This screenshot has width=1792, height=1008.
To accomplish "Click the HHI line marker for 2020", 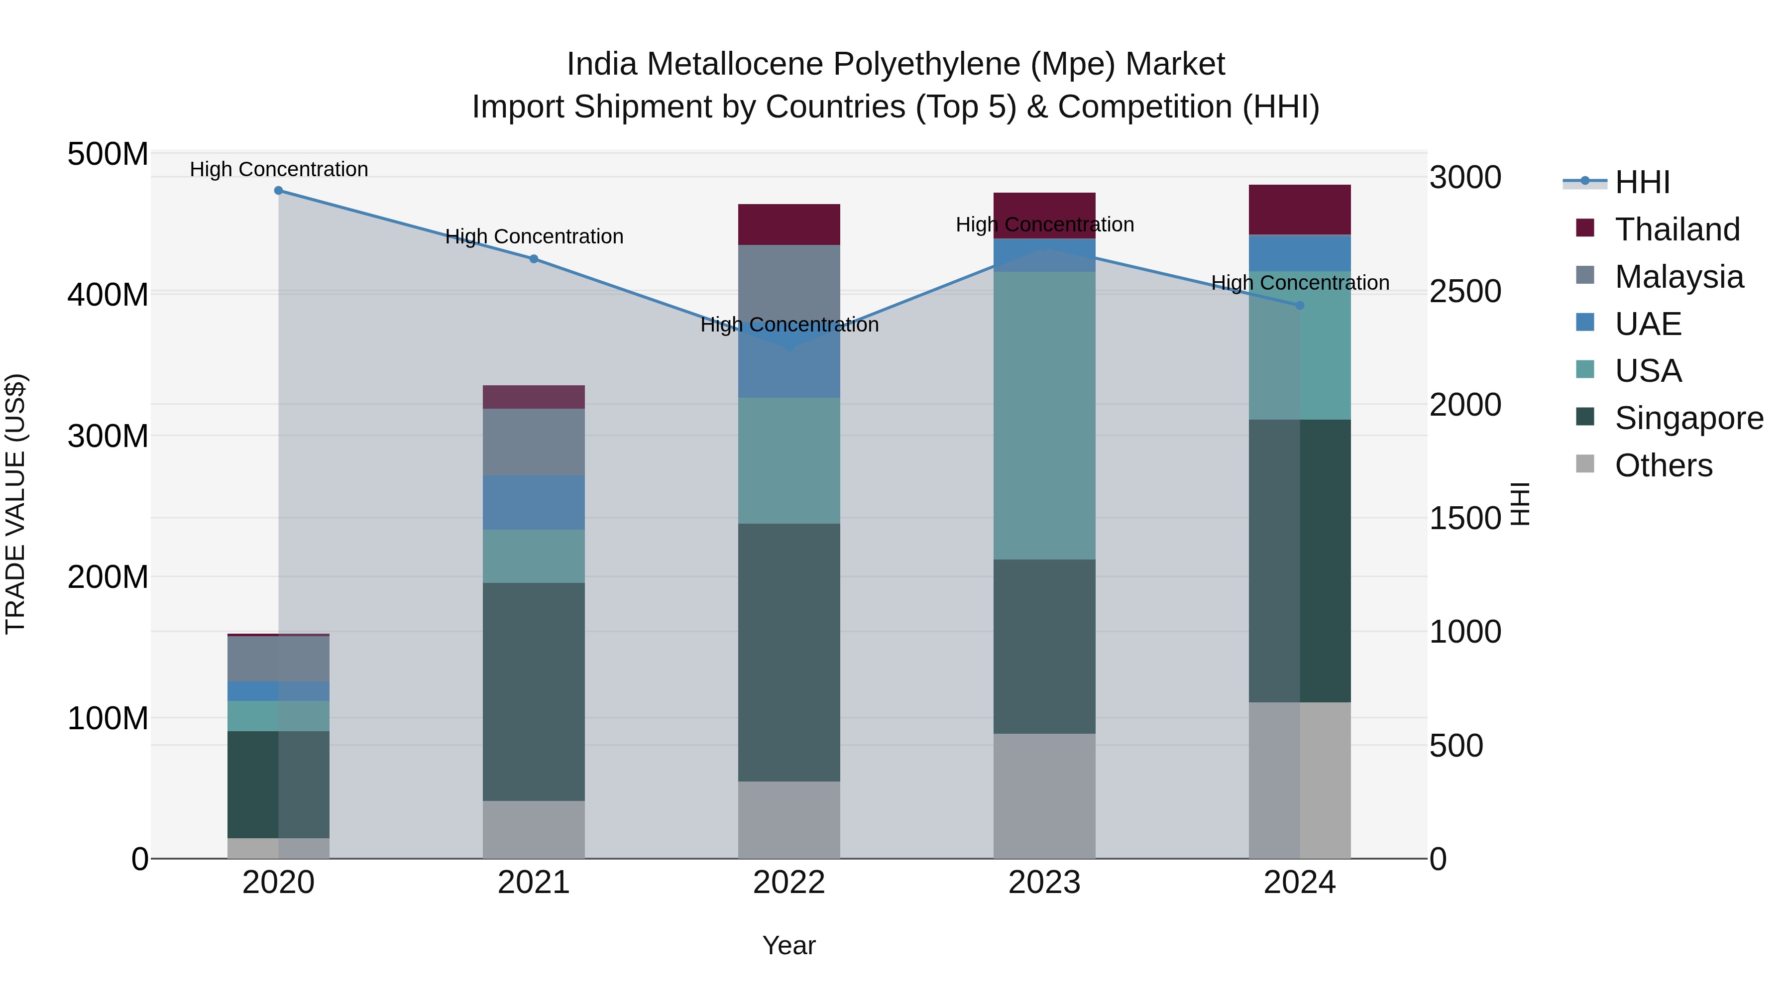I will click(x=278, y=190).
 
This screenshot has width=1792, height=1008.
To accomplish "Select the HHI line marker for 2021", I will click(x=534, y=259).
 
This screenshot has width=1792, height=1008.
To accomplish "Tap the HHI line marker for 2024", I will click(x=1300, y=306).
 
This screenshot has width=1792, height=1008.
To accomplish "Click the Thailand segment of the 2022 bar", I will click(x=789, y=224).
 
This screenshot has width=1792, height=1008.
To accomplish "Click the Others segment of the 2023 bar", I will click(x=1044, y=796).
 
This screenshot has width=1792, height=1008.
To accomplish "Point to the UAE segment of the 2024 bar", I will click(x=1300, y=253).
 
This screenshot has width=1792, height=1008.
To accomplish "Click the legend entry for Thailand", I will click(x=1677, y=229).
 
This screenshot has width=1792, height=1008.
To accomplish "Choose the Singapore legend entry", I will click(x=1688, y=418).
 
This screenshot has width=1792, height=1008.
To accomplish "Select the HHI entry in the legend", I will click(x=1642, y=182).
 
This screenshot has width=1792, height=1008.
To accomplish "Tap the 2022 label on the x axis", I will click(x=789, y=883).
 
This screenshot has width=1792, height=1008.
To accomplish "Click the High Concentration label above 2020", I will click(x=278, y=169).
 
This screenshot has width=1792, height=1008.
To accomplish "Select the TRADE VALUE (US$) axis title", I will click(x=15, y=504).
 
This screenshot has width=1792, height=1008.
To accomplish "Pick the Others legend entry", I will click(x=1663, y=465).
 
